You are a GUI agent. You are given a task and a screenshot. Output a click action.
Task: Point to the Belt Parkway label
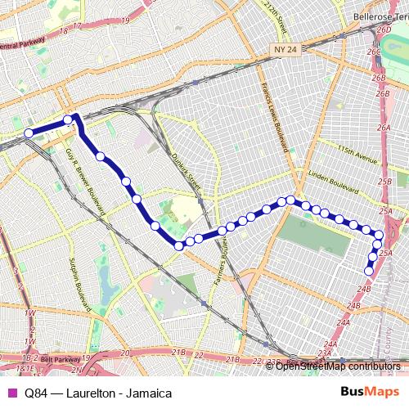tap(60, 358)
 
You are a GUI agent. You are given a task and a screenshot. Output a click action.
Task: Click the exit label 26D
tap(384, 29)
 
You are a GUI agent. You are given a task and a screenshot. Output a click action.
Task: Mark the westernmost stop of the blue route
tap(29, 133)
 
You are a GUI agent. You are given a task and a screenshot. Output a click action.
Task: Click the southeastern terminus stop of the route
tap(369, 271)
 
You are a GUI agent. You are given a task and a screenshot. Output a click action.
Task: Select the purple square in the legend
tap(11, 393)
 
